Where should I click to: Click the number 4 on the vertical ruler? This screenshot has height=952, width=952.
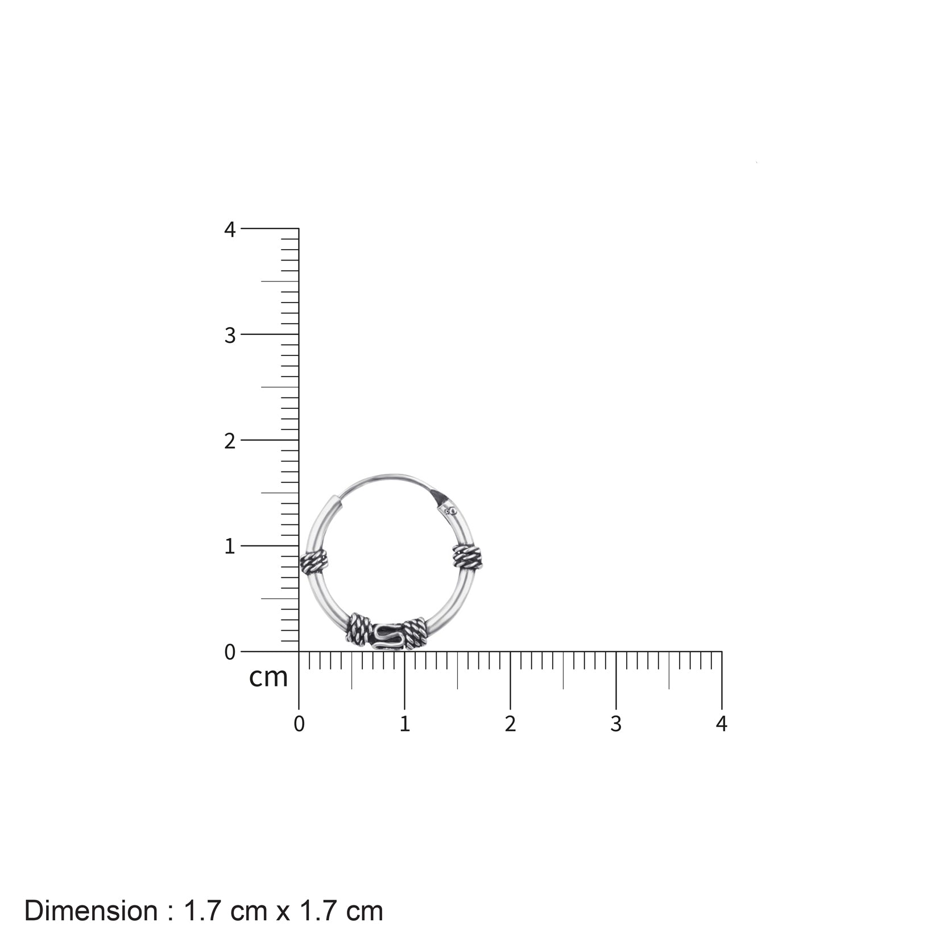coord(229,229)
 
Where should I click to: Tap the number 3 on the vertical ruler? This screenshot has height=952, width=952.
coord(229,336)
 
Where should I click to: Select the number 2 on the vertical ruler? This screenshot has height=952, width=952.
coord(229,441)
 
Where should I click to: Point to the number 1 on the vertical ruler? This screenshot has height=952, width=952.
coord(229,547)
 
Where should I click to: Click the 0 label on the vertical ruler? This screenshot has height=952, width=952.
coord(229,652)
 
